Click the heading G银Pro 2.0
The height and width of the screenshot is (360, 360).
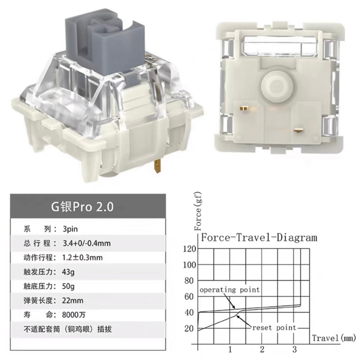(x=82, y=207)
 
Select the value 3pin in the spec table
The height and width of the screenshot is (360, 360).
(x=70, y=229)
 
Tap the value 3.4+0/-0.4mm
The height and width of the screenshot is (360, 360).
(x=87, y=243)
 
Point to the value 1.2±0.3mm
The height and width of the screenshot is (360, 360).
(x=83, y=257)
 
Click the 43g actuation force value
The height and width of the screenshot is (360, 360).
(x=68, y=272)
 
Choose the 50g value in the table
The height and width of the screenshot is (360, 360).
(x=68, y=286)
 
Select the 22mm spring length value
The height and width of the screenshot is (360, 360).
(x=73, y=300)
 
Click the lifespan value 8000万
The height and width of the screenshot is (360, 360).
(x=74, y=314)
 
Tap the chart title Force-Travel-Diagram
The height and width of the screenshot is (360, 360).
(x=259, y=237)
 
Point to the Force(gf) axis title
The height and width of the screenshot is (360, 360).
(x=198, y=211)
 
